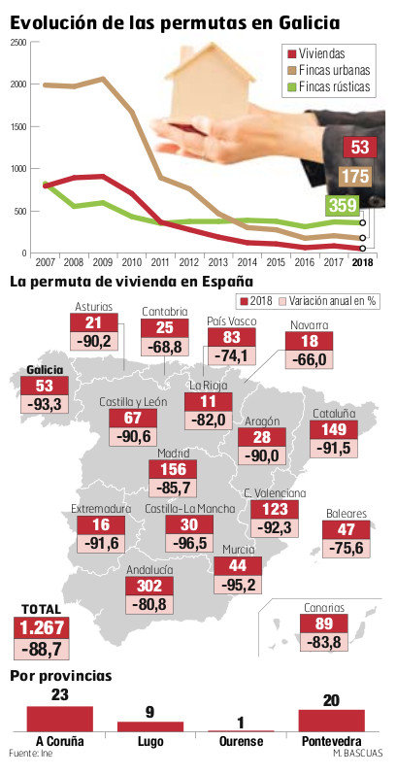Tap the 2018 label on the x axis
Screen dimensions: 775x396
coord(363,262)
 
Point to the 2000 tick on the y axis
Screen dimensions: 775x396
coord(19,84)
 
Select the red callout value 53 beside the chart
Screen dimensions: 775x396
coord(360,147)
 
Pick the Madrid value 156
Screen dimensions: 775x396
coord(173,468)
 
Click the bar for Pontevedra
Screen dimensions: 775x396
coord(332,720)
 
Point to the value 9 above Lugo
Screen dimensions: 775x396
coord(149,711)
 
